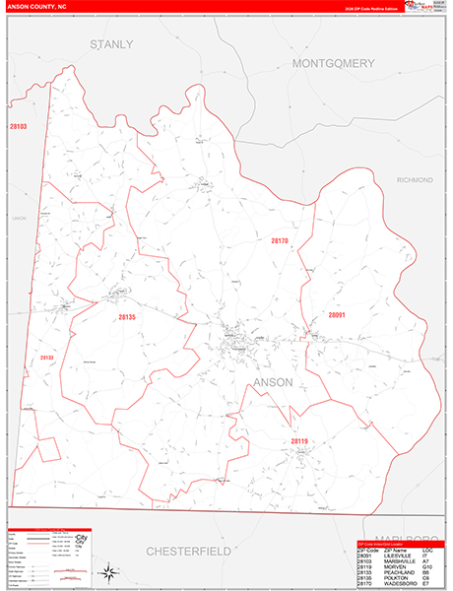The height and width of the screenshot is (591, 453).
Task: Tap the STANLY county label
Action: pos(110,45)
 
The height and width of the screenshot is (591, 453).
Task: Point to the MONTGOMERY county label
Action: pos(334,63)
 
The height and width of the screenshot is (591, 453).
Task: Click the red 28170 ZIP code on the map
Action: pos(280,240)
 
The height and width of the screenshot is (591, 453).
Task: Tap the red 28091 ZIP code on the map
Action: pos(338,315)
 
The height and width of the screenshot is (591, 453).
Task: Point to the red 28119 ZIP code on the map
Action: pos(300,440)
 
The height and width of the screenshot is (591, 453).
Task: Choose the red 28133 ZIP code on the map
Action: pos(45,358)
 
